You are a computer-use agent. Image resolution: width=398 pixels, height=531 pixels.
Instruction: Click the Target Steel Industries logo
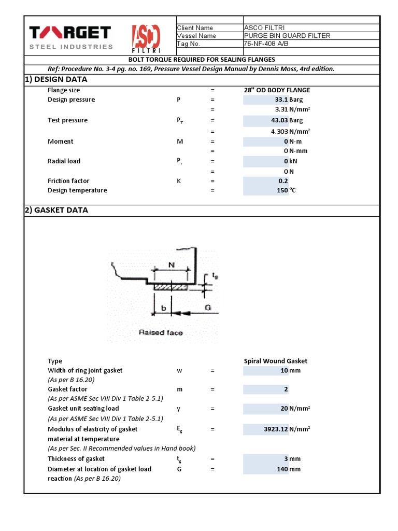tap(70, 38)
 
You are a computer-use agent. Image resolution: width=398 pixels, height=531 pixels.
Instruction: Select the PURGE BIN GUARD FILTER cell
tap(287, 36)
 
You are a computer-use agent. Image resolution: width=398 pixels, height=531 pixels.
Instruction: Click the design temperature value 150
tap(282, 190)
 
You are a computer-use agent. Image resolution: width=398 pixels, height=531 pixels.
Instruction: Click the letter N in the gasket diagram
tap(172, 264)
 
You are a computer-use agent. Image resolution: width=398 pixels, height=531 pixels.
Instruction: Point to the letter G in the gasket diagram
tap(208, 308)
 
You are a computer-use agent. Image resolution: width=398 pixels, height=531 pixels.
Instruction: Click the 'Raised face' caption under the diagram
tap(161, 332)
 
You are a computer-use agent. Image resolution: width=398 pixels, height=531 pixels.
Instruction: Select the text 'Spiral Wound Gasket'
tap(276, 361)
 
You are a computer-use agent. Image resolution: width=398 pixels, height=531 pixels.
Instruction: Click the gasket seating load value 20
tap(284, 409)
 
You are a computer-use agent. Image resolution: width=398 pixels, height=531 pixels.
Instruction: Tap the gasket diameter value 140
tap(282, 469)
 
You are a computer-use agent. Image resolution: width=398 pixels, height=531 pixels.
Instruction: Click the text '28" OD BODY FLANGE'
tap(277, 90)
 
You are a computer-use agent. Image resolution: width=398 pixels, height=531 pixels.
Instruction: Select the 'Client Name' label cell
tap(195, 28)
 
